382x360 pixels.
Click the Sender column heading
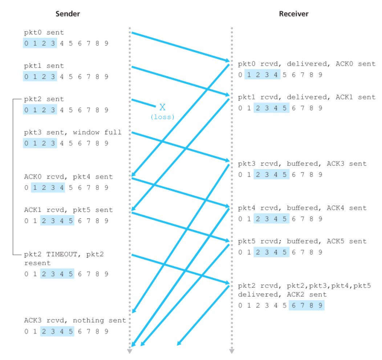[x=68, y=14]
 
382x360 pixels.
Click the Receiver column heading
[x=293, y=14]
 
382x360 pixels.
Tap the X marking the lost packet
[x=162, y=107]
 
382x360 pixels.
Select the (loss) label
[x=162, y=117]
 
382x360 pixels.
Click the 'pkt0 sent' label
[x=44, y=33]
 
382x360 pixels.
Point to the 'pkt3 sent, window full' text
[x=73, y=132]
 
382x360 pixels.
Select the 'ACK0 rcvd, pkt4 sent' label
[x=69, y=177]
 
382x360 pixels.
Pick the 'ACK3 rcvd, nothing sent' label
[x=75, y=320]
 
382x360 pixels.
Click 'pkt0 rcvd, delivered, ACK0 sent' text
[x=306, y=64]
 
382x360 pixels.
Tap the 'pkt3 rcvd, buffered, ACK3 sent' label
[x=302, y=164]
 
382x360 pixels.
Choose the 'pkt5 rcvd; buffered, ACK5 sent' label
[x=302, y=241]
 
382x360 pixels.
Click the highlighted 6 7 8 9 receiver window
[x=306, y=306]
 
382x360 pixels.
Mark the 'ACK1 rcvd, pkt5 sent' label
[x=69, y=210]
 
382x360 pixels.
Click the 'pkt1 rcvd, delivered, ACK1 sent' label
[x=306, y=97]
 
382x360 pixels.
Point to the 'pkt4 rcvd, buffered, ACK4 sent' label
[x=302, y=208]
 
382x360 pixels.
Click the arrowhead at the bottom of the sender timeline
[x=130, y=351]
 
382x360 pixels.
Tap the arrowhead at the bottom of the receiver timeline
[x=231, y=351]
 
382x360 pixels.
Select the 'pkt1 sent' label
[x=44, y=66]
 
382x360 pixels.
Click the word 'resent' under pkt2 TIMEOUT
[x=38, y=263]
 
